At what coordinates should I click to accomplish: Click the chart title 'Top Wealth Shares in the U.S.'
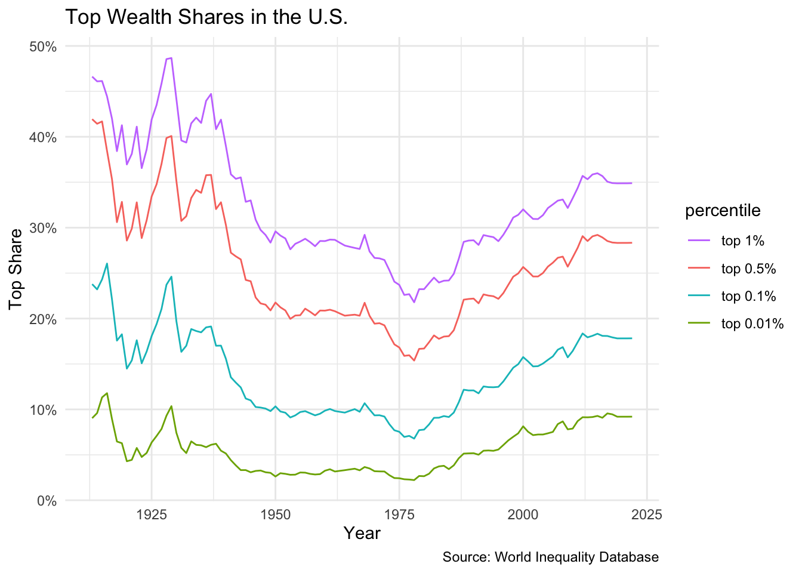click(x=206, y=17)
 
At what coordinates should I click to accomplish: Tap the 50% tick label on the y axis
click(x=42, y=47)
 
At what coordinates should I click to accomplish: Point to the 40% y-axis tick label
click(x=42, y=137)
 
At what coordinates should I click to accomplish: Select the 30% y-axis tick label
click(x=42, y=228)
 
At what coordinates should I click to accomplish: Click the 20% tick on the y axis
click(x=42, y=319)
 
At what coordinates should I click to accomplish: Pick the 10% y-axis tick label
click(x=42, y=409)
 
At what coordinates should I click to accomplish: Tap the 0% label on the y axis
click(x=46, y=501)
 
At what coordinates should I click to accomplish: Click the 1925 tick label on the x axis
click(x=152, y=515)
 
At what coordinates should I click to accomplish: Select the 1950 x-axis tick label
click(x=275, y=515)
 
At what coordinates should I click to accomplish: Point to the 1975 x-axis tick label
click(x=399, y=515)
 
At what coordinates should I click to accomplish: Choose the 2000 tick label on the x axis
click(x=523, y=515)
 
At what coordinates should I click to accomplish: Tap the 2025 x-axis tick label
click(x=647, y=515)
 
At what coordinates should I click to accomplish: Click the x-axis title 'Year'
click(x=362, y=533)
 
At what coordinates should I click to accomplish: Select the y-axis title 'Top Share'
click(x=16, y=269)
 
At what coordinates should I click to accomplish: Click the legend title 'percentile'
click(x=723, y=210)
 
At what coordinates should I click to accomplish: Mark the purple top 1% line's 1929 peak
click(x=171, y=58)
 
